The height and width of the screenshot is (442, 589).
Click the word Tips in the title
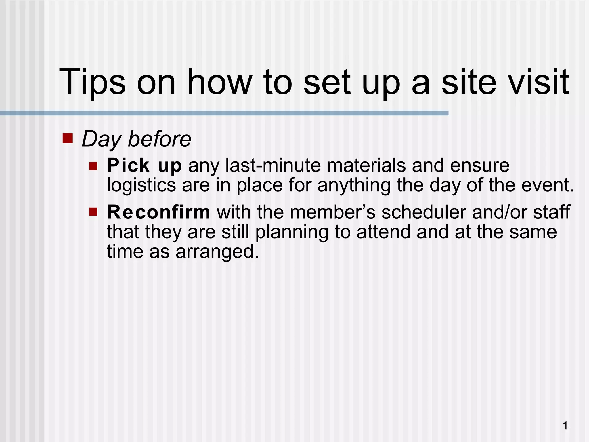pyautogui.click(x=92, y=82)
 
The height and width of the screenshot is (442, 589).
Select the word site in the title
pyautogui.click(x=469, y=82)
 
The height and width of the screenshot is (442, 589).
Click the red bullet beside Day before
pyautogui.click(x=68, y=138)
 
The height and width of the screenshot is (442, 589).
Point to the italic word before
pyautogui.click(x=159, y=139)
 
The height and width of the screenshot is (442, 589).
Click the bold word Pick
pyautogui.click(x=128, y=165)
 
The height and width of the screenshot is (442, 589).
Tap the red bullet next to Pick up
pyautogui.click(x=93, y=166)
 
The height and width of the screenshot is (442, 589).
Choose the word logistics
pyautogui.click(x=141, y=186)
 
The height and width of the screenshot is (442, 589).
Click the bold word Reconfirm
pyautogui.click(x=158, y=212)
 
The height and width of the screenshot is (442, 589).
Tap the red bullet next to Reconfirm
pyautogui.click(x=93, y=212)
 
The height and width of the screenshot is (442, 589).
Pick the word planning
pyautogui.click(x=292, y=233)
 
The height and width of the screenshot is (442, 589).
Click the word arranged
pyautogui.click(x=217, y=252)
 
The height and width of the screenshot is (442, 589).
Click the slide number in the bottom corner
pyautogui.click(x=566, y=425)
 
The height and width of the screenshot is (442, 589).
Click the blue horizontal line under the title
pyautogui.click(x=224, y=113)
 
